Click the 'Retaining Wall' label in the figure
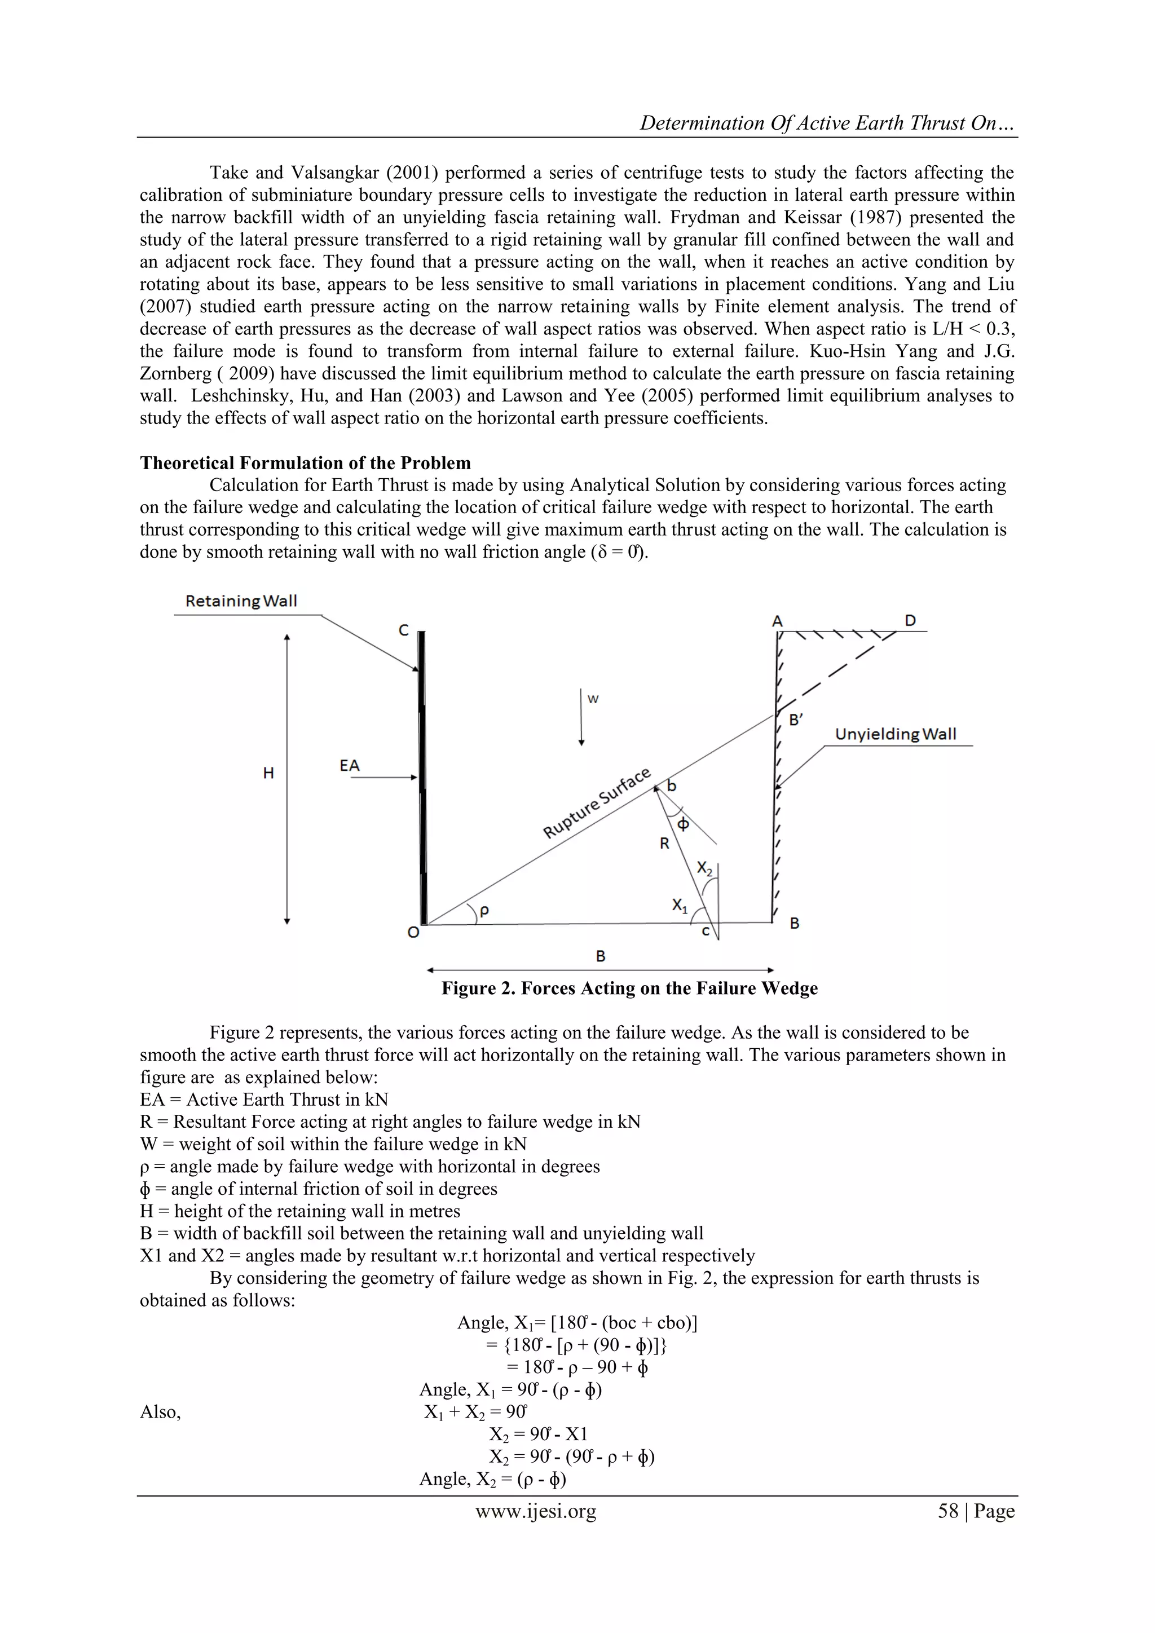(241, 601)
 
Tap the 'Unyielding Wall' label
(896, 734)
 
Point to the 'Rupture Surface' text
(597, 803)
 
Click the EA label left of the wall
(349, 766)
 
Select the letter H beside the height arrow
(268, 773)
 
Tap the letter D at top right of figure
(910, 621)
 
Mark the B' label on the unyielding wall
(796, 720)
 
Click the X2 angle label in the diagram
(704, 868)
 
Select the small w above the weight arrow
(592, 699)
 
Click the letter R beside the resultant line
(664, 844)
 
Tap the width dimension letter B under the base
(600, 956)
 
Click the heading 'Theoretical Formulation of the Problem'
(305, 463)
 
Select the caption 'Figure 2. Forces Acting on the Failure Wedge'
(629, 988)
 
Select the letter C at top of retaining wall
(403, 630)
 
